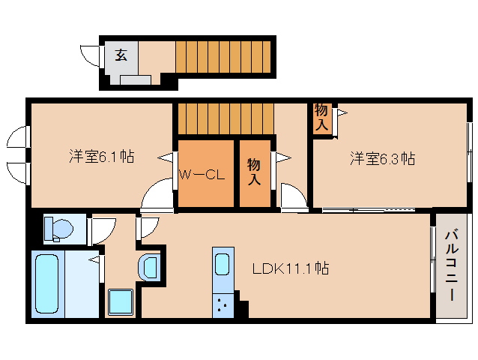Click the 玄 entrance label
pyautogui.click(x=120, y=54)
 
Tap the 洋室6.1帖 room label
pyautogui.click(x=101, y=157)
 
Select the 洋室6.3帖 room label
pyautogui.click(x=382, y=159)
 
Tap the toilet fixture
pyautogui.click(x=57, y=229)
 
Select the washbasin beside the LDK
pyautogui.click(x=151, y=266)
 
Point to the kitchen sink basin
pyautogui.click(x=223, y=265)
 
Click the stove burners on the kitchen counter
pyautogui.click(x=223, y=304)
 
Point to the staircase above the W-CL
pyautogui.click(x=226, y=118)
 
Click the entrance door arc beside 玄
pyautogui.click(x=91, y=55)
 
